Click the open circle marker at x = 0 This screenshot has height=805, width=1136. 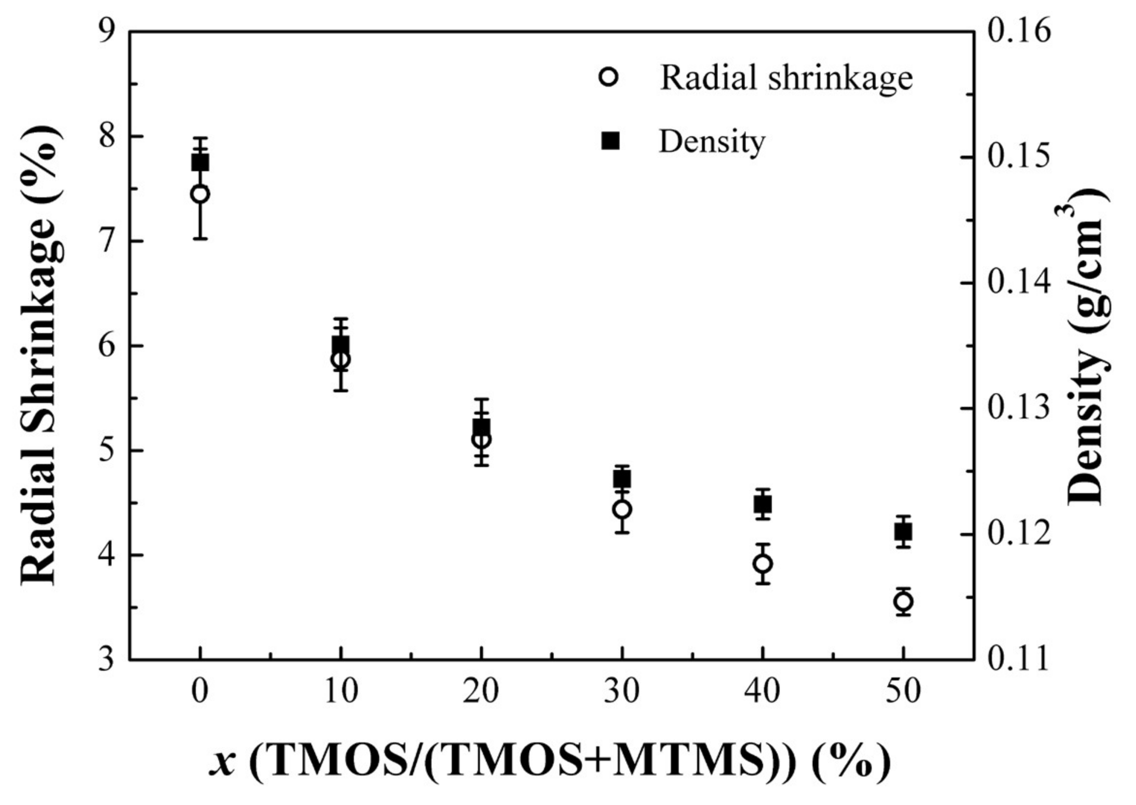[200, 194]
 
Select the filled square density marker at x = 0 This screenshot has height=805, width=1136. [200, 162]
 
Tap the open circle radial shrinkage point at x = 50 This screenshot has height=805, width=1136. [904, 602]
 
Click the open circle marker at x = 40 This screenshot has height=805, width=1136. [763, 563]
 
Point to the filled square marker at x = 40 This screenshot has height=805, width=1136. [763, 505]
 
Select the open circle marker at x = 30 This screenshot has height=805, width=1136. [622, 509]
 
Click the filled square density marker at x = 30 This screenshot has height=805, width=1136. [622, 479]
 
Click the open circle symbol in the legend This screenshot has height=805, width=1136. [608, 78]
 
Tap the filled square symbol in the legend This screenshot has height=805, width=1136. [610, 141]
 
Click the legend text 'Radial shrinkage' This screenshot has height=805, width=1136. [786, 78]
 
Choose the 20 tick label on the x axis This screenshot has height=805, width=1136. [481, 691]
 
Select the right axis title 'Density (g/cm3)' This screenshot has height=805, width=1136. [1088, 347]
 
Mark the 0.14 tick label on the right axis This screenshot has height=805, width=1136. [1019, 283]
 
